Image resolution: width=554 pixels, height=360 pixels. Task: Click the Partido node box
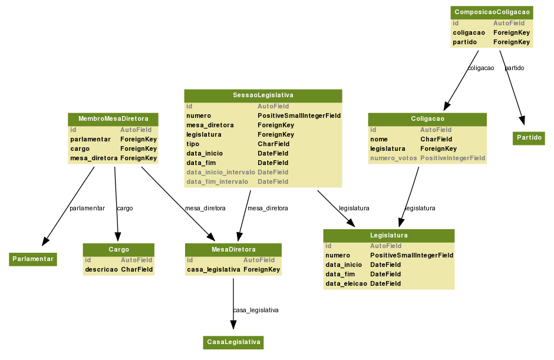pos(529,138)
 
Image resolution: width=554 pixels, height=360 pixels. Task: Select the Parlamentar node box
pos(33,259)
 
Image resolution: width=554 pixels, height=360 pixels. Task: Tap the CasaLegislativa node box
pos(233,342)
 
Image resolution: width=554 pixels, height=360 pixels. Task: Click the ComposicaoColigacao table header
pos(492,12)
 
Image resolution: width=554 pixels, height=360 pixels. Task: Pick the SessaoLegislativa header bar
pos(263,95)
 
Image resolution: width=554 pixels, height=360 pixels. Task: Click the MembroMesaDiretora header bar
pos(113,119)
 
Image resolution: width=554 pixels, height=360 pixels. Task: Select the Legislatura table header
pos(389,236)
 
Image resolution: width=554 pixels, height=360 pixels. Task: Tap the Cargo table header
pos(118,250)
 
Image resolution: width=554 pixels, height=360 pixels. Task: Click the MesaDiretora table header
pos(233,250)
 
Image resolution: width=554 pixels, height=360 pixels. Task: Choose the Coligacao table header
pos(427,119)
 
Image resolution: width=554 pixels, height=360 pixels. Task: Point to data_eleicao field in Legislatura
pos(347,284)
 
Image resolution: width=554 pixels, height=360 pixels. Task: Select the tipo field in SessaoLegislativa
pos(193,144)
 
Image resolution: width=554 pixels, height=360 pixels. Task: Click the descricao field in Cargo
pos(101,270)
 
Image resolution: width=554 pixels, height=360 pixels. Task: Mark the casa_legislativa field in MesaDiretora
pos(213,270)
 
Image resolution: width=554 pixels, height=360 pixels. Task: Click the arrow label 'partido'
pos(515,68)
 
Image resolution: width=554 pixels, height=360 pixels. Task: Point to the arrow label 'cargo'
pos(125,209)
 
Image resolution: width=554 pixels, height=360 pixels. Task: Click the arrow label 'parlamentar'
pos(87,209)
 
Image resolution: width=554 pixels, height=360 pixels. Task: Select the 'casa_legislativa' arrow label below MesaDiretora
pos(256,310)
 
